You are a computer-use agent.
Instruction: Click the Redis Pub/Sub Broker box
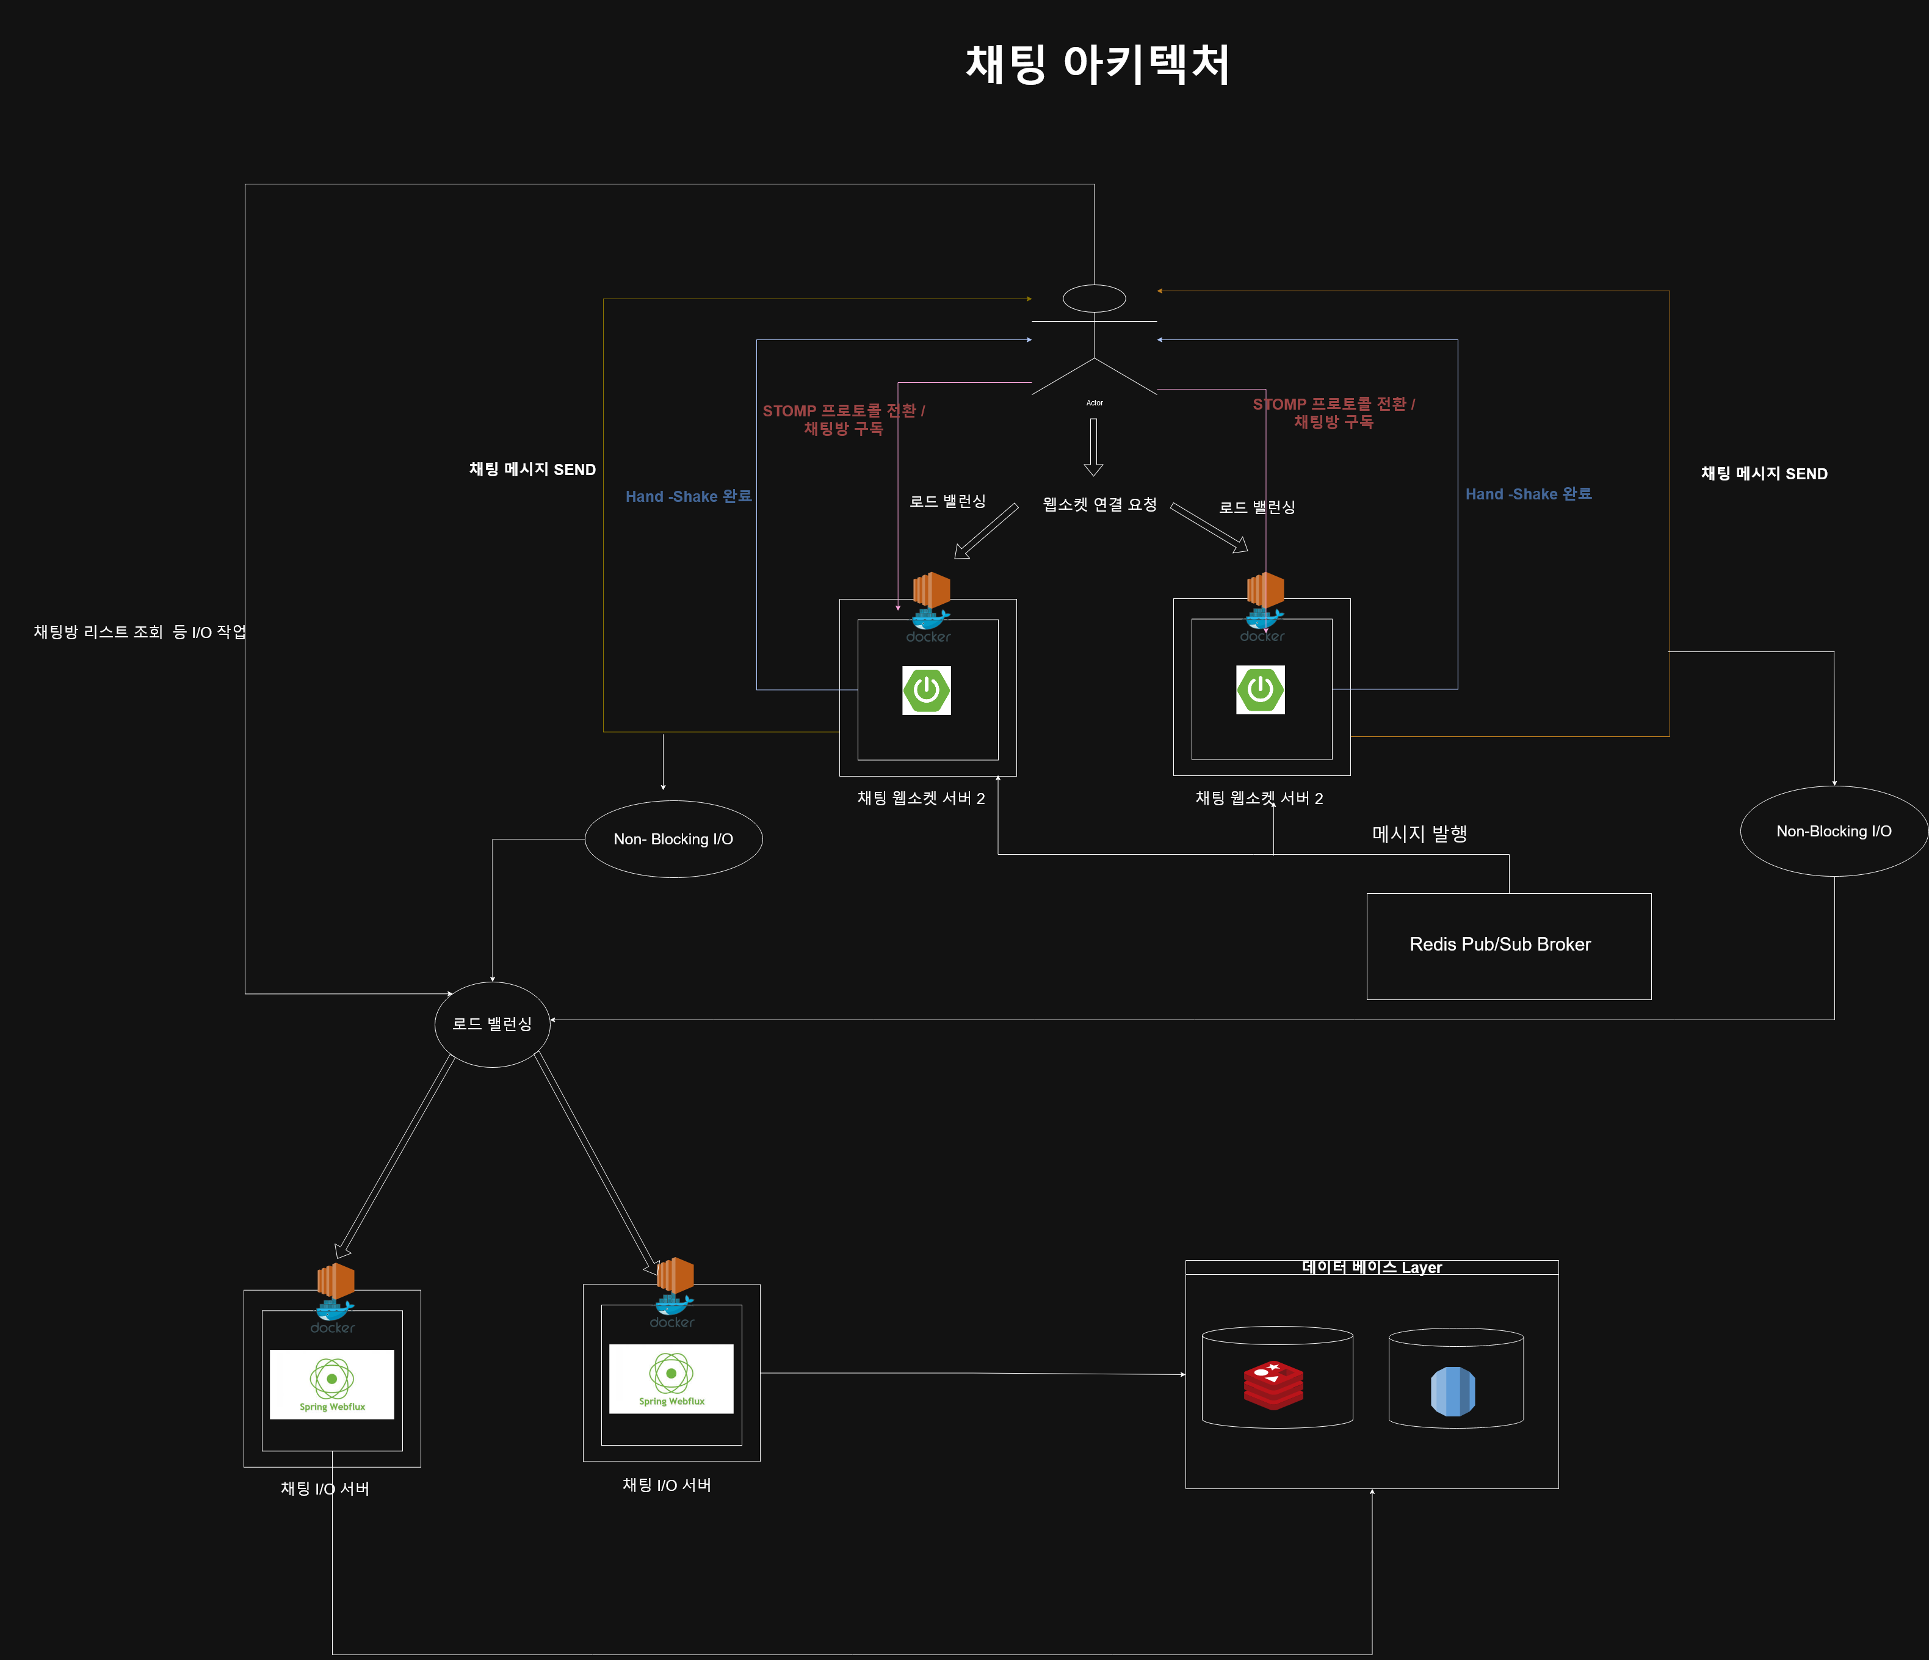point(1508,946)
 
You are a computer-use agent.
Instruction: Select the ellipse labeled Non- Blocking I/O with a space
point(673,839)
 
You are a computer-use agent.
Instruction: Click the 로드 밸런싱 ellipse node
point(493,1024)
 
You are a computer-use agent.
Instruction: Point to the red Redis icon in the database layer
point(1273,1385)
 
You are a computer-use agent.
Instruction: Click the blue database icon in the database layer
point(1452,1391)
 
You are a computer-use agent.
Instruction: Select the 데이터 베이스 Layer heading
point(1371,1267)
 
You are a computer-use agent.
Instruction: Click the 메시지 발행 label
point(1419,834)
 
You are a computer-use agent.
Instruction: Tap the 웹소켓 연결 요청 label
point(1099,505)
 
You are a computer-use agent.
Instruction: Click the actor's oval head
point(1094,299)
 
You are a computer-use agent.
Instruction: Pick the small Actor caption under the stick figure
point(1094,403)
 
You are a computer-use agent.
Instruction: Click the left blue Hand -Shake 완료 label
point(688,496)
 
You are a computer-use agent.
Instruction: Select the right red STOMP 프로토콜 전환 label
point(1333,413)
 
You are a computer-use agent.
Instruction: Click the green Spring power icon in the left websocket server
point(926,690)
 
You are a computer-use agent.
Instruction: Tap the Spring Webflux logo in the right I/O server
point(671,1379)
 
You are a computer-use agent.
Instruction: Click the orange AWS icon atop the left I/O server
point(335,1280)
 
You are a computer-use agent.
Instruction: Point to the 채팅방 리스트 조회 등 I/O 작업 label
point(140,632)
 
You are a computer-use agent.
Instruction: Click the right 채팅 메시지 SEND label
point(1764,474)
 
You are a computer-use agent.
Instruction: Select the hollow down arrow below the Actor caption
point(1094,447)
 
